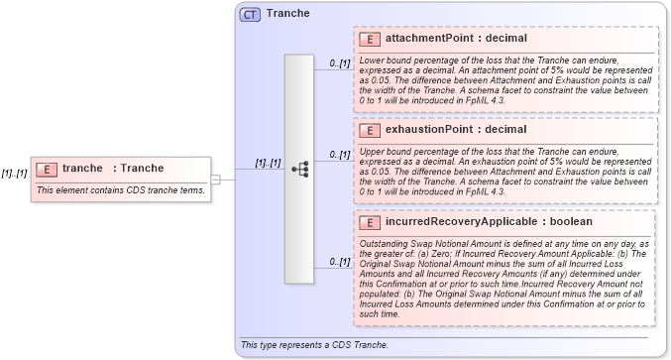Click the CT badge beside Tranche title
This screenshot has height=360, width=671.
pos(250,14)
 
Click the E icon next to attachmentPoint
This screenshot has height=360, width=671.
pos(369,39)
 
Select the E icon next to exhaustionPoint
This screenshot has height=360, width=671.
pos(369,130)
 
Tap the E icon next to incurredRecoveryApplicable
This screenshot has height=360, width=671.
pos(369,222)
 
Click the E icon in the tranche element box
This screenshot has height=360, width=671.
pos(47,169)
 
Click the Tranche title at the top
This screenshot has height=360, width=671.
pos(287,14)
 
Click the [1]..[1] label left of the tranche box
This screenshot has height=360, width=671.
pos(14,174)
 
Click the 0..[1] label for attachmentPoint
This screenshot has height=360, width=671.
pos(340,63)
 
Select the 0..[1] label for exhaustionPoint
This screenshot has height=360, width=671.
pos(340,155)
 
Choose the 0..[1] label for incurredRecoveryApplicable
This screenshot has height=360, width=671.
pos(340,262)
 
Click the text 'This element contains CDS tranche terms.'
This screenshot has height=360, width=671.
pos(120,189)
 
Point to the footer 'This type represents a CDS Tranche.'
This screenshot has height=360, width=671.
pos(313,345)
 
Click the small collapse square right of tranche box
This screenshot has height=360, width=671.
pos(216,179)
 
